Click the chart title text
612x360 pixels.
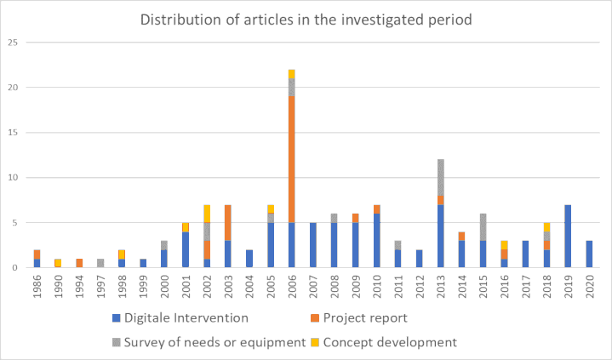click(306, 19)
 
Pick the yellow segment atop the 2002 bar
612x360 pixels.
click(207, 214)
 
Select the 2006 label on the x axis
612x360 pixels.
click(292, 287)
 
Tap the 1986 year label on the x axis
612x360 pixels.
click(37, 287)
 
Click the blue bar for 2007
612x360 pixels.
click(313, 245)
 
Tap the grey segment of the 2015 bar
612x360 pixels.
click(483, 227)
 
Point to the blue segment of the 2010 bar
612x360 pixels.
click(377, 241)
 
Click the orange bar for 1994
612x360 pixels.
click(79, 264)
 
